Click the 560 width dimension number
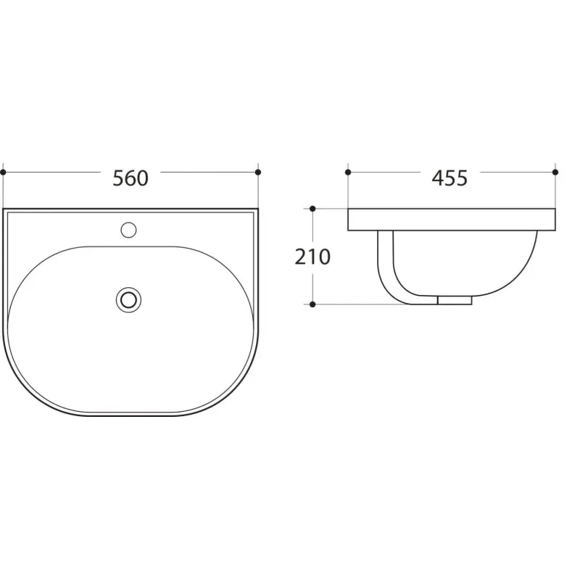tap(130, 178)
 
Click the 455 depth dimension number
tap(449, 178)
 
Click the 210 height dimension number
tap(312, 257)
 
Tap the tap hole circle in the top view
tap(128, 230)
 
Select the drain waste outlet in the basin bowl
tap(128, 299)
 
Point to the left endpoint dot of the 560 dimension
tap(4, 173)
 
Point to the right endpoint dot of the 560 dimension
tap(258, 173)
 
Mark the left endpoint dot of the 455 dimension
tap(348, 173)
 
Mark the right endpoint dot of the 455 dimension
tap(555, 173)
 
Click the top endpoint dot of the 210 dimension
tap(312, 209)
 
